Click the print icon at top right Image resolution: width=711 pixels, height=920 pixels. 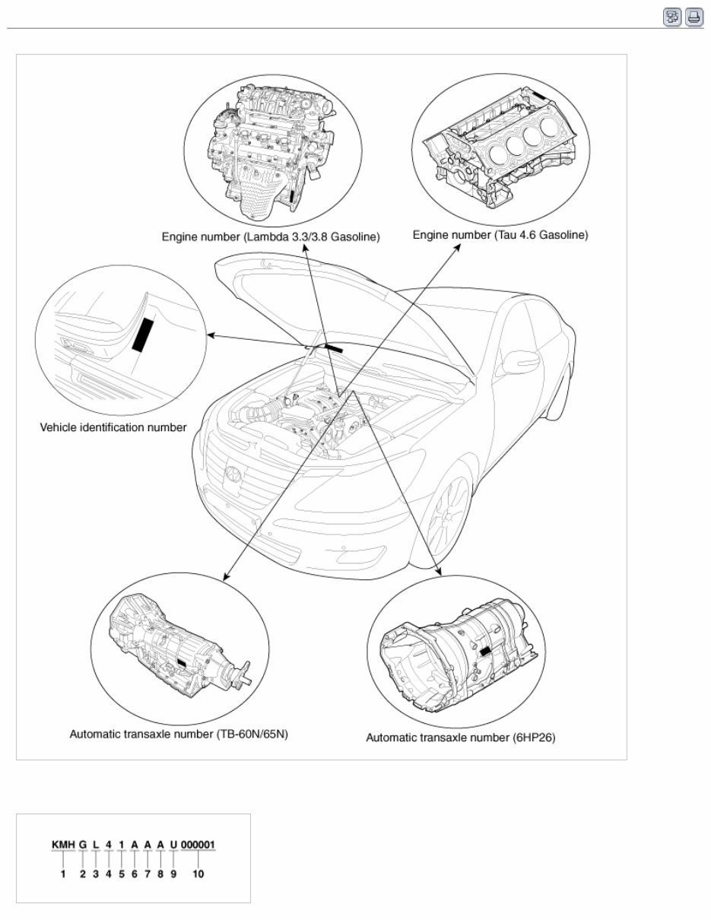[x=694, y=17]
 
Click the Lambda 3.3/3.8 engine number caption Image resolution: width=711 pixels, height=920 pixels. [x=271, y=237]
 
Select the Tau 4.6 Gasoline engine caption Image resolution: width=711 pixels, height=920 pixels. [x=500, y=236]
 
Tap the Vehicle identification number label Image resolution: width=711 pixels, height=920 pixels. [x=113, y=427]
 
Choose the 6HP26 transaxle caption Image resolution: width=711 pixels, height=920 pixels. [x=460, y=738]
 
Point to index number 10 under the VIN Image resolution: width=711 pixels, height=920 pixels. [x=198, y=874]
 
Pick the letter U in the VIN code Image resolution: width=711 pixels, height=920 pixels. [x=173, y=845]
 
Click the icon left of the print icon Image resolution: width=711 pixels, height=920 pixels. [x=672, y=17]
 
